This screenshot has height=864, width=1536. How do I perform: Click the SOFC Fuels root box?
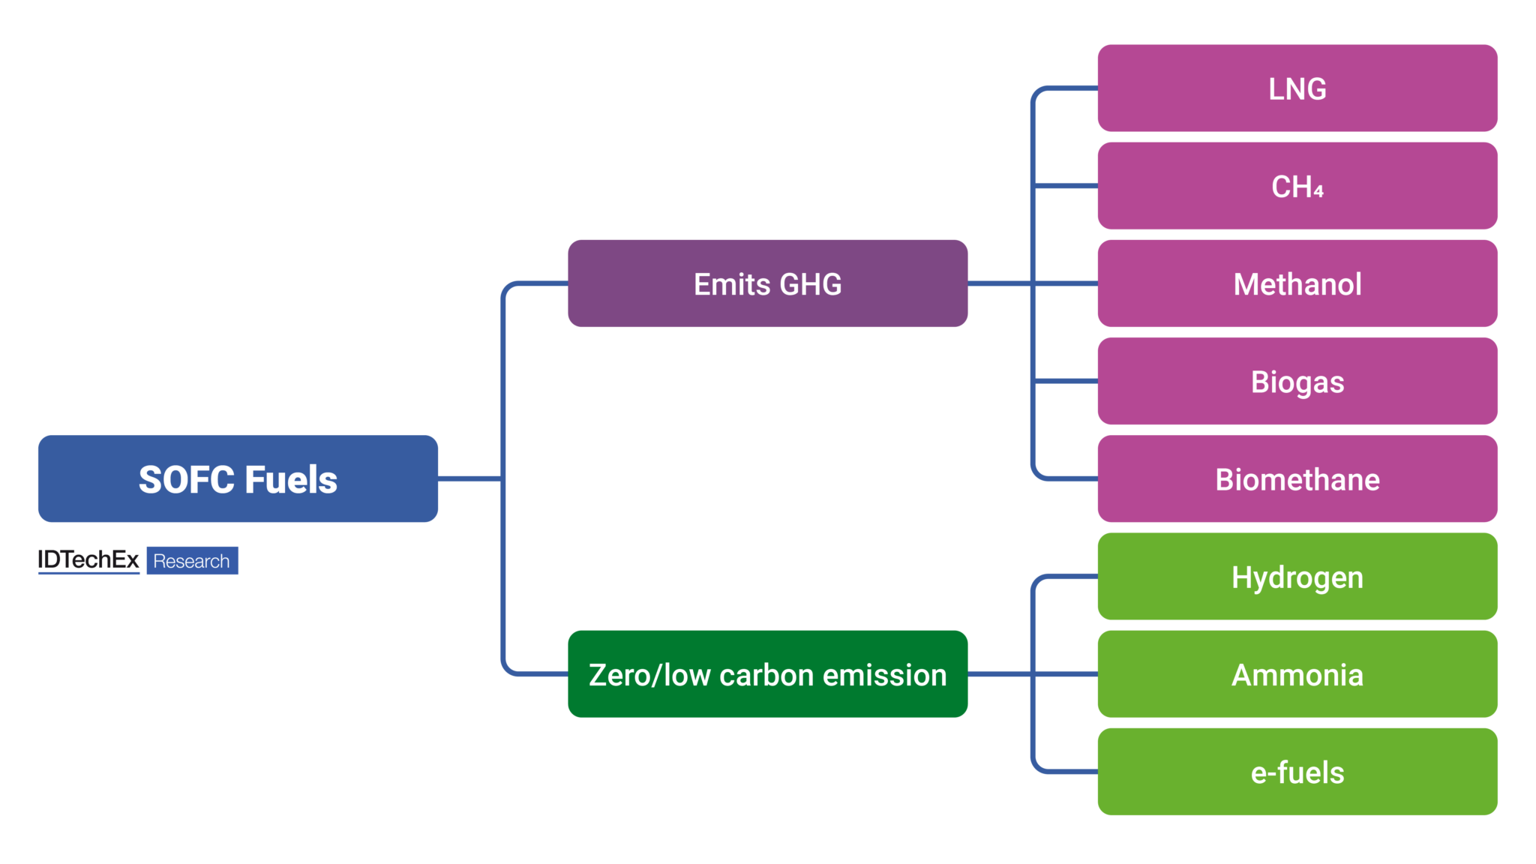(x=238, y=478)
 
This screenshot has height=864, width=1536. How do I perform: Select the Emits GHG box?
(x=767, y=283)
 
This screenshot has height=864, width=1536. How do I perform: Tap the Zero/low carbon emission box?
(x=767, y=674)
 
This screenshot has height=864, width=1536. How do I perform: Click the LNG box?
(x=1297, y=88)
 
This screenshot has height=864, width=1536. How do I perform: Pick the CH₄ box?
(x=1297, y=186)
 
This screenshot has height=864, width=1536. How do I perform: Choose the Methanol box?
(x=1297, y=283)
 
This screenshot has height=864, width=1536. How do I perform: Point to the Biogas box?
(x=1297, y=381)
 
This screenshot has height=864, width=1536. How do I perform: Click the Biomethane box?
(x=1297, y=478)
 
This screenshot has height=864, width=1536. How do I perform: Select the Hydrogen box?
(x=1297, y=577)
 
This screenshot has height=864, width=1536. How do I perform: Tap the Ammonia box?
(x=1297, y=674)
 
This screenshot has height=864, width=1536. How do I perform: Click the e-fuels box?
(x=1297, y=772)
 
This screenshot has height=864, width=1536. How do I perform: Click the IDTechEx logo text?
(x=88, y=560)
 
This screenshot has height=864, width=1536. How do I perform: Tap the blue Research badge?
(x=192, y=561)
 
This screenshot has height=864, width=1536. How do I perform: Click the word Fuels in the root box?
(x=291, y=480)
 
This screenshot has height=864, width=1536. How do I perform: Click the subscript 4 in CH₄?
(x=1318, y=191)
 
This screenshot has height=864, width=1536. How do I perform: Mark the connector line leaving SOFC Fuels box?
(x=469, y=478)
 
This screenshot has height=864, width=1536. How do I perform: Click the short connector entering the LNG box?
(x=1072, y=88)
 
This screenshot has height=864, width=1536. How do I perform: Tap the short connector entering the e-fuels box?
(x=1072, y=771)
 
